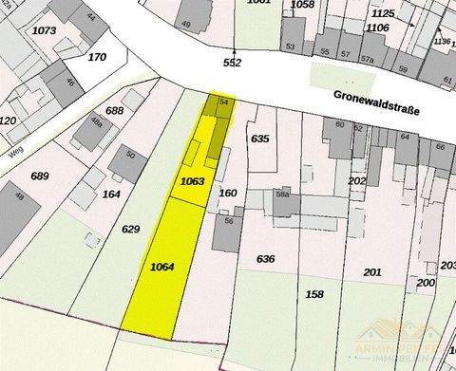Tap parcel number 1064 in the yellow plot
162,269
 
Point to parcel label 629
131,229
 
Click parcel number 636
265,258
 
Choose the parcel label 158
314,294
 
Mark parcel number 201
372,272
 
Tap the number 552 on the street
233,63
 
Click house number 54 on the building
223,101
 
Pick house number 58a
282,195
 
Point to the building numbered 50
130,155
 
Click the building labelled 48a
96,122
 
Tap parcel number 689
39,176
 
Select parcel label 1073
43,30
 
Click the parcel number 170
97,57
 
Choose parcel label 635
259,139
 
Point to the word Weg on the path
14,151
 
